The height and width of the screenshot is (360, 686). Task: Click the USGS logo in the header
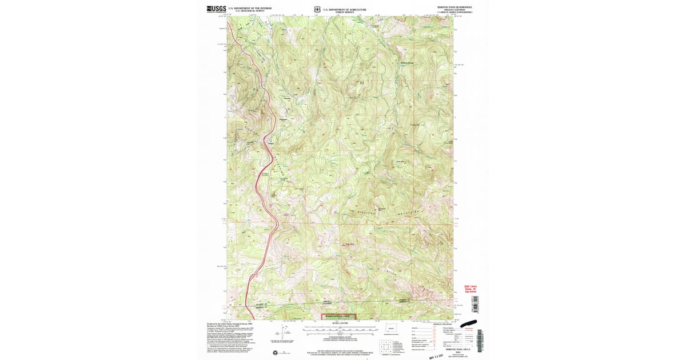coord(216,9)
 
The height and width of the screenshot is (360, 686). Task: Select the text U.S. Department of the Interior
coord(250,8)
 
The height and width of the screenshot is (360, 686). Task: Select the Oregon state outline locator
coord(392,329)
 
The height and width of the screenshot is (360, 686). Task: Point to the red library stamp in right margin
coord(470,289)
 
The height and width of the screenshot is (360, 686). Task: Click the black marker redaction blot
coord(474,323)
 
